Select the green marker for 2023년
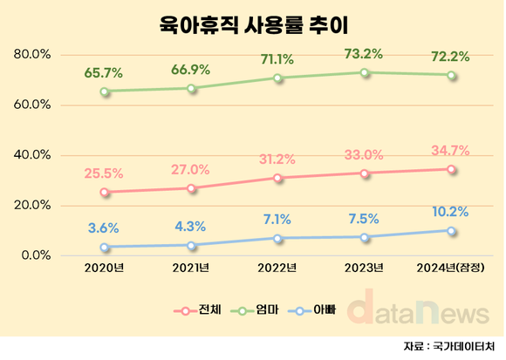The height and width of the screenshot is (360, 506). [365, 72]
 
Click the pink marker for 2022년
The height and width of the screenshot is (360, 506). [277, 178]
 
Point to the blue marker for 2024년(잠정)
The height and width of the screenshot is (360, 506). [451, 231]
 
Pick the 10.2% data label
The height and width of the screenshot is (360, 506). [451, 212]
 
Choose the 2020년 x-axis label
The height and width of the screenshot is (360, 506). [105, 268]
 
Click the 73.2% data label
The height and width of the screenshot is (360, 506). [365, 54]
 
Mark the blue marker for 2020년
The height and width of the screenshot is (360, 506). [105, 248]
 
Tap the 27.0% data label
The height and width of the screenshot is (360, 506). [191, 169]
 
